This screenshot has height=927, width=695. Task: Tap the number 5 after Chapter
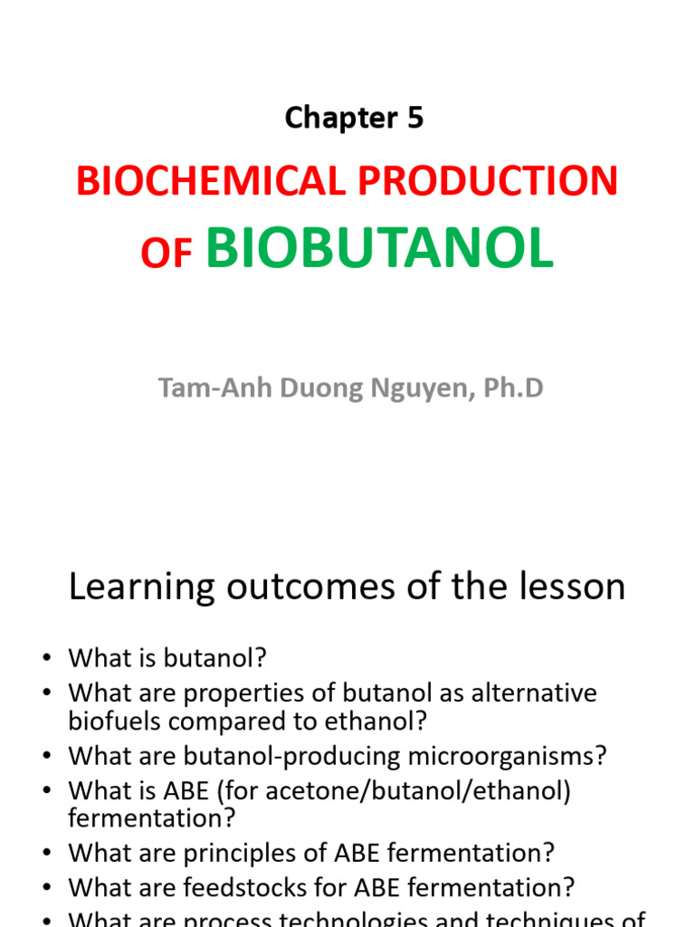414,118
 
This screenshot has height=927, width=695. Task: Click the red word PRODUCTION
489,182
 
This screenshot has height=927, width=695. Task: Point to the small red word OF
167,256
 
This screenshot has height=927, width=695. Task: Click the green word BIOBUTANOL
379,248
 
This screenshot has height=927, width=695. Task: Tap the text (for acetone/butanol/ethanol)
431,791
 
